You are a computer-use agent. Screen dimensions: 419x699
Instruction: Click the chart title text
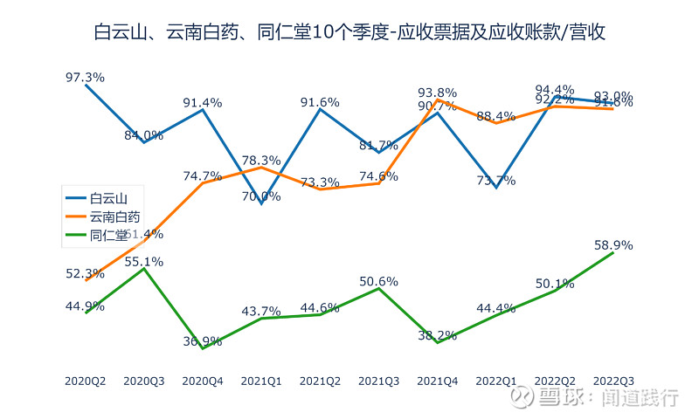(349, 33)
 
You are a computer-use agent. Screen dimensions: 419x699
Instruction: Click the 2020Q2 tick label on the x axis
(86, 381)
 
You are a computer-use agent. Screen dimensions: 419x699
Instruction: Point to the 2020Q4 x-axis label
(203, 381)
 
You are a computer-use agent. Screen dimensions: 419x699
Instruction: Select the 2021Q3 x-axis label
(378, 381)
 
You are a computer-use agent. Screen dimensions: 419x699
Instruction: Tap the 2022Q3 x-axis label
(612, 381)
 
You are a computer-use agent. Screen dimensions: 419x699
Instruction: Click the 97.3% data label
(85, 77)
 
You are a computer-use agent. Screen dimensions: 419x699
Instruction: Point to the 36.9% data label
(202, 341)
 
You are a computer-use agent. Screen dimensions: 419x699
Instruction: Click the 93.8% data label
(437, 93)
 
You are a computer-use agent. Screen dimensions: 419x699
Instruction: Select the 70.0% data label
(261, 196)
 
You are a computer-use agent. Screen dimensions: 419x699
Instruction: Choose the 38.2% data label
(437, 335)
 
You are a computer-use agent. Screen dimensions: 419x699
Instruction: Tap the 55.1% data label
(144, 261)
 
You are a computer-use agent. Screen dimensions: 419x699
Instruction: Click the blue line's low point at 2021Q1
(261, 204)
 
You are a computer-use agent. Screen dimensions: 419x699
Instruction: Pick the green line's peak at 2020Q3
(144, 269)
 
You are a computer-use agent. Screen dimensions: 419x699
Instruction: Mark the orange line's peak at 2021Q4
(437, 100)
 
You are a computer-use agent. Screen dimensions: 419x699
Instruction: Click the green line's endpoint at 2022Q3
(612, 252)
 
